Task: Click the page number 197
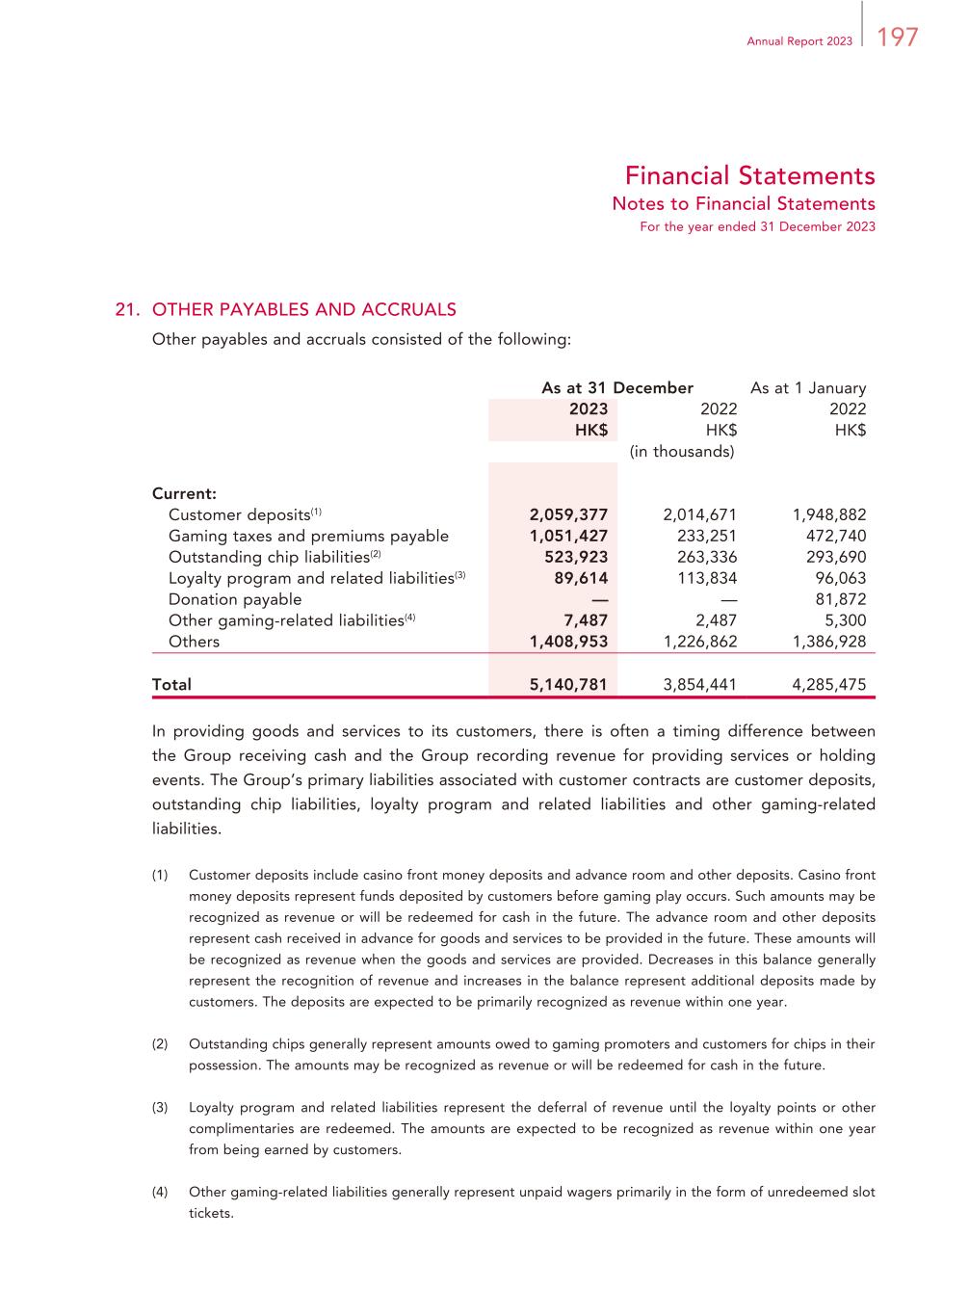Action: pyautogui.click(x=898, y=38)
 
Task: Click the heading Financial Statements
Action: pyautogui.click(x=749, y=175)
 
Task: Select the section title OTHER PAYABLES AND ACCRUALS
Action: pyautogui.click(x=304, y=309)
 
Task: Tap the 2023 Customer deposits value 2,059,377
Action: pyautogui.click(x=568, y=514)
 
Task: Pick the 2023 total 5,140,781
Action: pyautogui.click(x=568, y=685)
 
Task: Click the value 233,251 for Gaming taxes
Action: pyautogui.click(x=700, y=536)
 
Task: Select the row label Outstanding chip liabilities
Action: pyautogui.click(x=269, y=557)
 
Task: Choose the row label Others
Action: pyautogui.click(x=194, y=642)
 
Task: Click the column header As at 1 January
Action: pyautogui.click(x=808, y=387)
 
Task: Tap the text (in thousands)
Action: pyautogui.click(x=682, y=451)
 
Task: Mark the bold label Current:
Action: pyautogui.click(x=184, y=493)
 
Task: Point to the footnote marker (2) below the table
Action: pyautogui.click(x=160, y=1044)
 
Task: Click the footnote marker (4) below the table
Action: pyautogui.click(x=160, y=1193)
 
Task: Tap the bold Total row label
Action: pyautogui.click(x=171, y=685)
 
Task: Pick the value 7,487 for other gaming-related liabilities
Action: pyautogui.click(x=586, y=620)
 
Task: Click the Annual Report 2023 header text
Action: pyautogui.click(x=799, y=41)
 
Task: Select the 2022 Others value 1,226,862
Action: pyautogui.click(x=700, y=642)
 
